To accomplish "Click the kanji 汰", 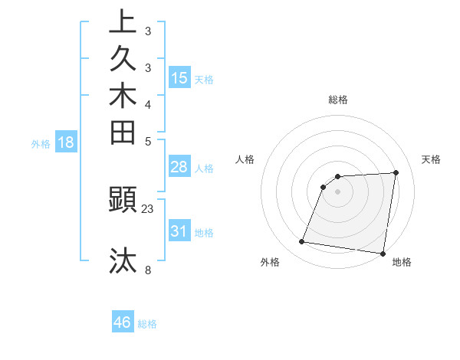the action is click(123, 260).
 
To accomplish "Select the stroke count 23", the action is click(148, 208).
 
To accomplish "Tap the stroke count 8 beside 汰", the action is click(148, 270).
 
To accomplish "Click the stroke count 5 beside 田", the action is click(148, 141).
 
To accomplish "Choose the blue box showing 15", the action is click(179, 78).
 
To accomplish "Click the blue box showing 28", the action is click(179, 168).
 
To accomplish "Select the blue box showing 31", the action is click(179, 231).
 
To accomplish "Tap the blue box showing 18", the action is click(66, 142).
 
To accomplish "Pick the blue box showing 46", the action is click(123, 322).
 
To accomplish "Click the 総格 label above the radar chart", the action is click(338, 100).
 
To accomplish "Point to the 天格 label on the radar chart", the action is click(431, 159).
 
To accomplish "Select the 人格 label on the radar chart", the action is click(245, 159).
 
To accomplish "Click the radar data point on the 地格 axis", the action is click(383, 254).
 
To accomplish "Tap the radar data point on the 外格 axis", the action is click(301, 242).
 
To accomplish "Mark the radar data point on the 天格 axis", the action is click(396, 172).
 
